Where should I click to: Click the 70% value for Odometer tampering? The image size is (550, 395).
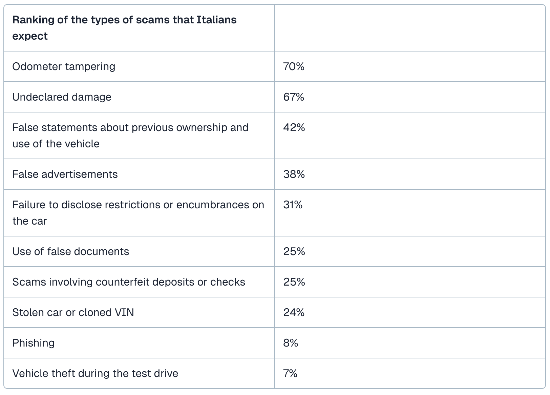294,66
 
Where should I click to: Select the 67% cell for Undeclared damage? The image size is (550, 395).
294,97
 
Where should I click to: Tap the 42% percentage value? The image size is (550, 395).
294,127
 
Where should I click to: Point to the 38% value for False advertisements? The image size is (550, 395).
294,174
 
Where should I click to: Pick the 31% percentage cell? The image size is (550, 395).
293,205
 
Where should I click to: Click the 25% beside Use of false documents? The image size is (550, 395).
294,251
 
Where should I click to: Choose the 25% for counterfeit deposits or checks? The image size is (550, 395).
294,282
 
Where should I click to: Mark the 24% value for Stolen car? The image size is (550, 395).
294,312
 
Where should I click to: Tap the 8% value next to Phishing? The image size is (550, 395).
291,343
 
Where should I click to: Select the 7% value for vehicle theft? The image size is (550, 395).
290,373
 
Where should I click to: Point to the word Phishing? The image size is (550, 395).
33,343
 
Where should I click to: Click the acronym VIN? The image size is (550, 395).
124,312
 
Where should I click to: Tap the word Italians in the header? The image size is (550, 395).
216,20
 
